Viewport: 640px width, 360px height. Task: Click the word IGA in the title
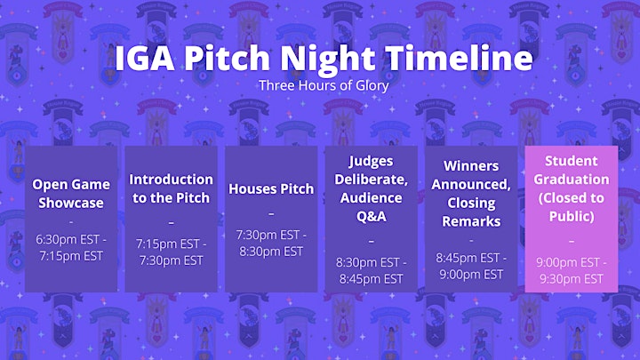[x=145, y=58]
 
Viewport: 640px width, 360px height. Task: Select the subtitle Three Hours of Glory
[x=324, y=85]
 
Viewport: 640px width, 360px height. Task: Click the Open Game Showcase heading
[x=71, y=194]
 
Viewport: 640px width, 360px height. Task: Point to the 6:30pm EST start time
[x=68, y=239]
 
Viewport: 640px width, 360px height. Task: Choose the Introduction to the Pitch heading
[x=171, y=188]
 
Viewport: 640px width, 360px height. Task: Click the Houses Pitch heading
[x=271, y=189]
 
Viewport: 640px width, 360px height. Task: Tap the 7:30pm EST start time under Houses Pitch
[x=268, y=235]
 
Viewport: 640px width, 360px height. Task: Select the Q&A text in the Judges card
[x=371, y=216]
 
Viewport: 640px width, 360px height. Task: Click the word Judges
[x=371, y=162]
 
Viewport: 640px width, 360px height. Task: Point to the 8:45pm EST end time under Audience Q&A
[x=371, y=279]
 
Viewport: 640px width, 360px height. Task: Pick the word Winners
[x=471, y=166]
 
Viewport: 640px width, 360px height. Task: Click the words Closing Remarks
[x=471, y=212]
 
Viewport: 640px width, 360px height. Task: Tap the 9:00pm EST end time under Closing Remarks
[x=471, y=275]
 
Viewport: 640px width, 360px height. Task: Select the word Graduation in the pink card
[x=572, y=180]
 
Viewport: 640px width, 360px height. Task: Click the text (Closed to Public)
[x=572, y=207]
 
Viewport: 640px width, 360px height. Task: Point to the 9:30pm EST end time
[x=572, y=279]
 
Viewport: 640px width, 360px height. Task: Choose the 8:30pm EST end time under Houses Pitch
[x=271, y=252]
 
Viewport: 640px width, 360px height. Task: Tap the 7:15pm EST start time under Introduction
[x=168, y=244]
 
